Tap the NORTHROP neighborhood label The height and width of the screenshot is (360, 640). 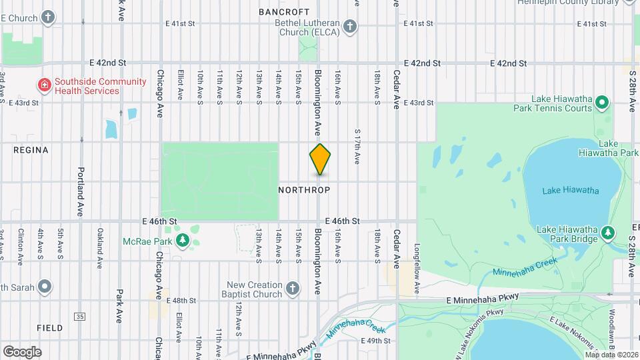click(x=304, y=190)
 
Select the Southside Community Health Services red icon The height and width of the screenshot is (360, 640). click(x=44, y=85)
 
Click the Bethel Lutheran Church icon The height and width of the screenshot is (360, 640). click(x=349, y=27)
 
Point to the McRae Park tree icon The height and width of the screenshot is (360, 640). click(x=181, y=240)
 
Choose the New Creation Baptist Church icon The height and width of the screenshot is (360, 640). click(x=291, y=289)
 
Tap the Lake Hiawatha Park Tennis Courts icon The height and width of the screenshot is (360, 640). click(x=602, y=103)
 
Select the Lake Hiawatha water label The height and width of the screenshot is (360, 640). click(x=570, y=191)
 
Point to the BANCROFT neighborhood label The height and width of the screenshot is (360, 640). click(x=284, y=12)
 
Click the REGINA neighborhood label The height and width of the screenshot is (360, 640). click(x=31, y=150)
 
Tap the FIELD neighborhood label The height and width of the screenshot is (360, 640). click(x=50, y=328)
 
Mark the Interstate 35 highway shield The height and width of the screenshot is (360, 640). click(x=80, y=316)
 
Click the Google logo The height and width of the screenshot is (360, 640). click(x=22, y=351)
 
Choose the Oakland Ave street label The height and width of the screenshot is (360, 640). click(x=100, y=249)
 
